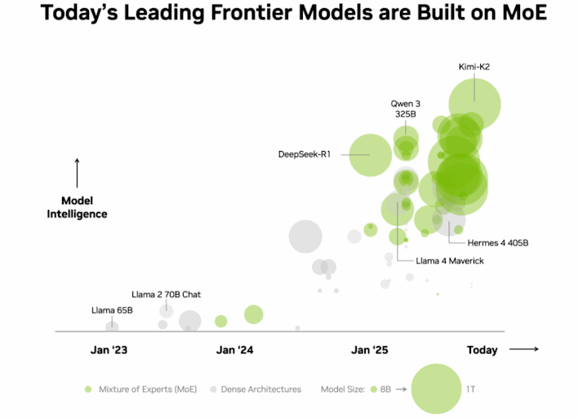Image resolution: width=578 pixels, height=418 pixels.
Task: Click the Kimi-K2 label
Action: (x=474, y=67)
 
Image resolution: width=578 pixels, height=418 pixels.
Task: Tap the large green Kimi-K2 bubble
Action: (x=474, y=105)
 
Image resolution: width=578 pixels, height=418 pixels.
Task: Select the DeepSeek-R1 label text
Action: (x=304, y=154)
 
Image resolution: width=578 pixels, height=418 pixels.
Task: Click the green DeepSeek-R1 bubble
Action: (x=371, y=154)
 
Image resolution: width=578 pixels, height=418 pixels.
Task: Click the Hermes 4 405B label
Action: (x=498, y=242)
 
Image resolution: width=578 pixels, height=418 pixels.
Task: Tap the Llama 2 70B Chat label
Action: (x=166, y=293)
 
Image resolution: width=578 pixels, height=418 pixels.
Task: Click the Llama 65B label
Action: (x=112, y=310)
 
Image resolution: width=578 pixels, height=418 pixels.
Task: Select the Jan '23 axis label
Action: (x=109, y=350)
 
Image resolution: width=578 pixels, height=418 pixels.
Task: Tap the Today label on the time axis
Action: (x=482, y=350)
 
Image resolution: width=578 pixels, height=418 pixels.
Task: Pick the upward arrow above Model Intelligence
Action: (x=78, y=173)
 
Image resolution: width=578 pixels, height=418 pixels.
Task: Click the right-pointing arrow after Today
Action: (x=524, y=349)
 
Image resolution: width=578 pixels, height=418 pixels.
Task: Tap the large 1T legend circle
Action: (x=436, y=389)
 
